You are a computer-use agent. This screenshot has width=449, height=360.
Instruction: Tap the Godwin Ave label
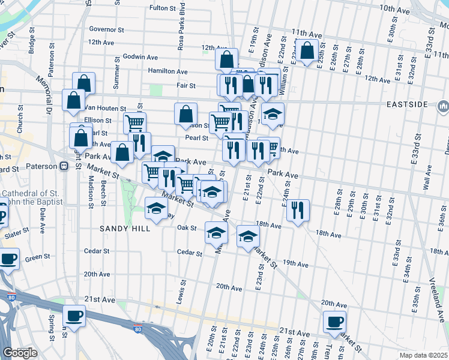point(140,57)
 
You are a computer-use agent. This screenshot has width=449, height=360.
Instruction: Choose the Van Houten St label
point(98,107)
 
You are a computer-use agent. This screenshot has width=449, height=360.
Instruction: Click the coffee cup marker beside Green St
point(8,259)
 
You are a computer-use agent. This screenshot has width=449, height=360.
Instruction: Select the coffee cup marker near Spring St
point(74,316)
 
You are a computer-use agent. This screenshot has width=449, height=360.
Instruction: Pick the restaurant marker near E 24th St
point(298,210)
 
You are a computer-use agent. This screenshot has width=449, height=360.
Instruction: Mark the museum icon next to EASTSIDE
point(443,107)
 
